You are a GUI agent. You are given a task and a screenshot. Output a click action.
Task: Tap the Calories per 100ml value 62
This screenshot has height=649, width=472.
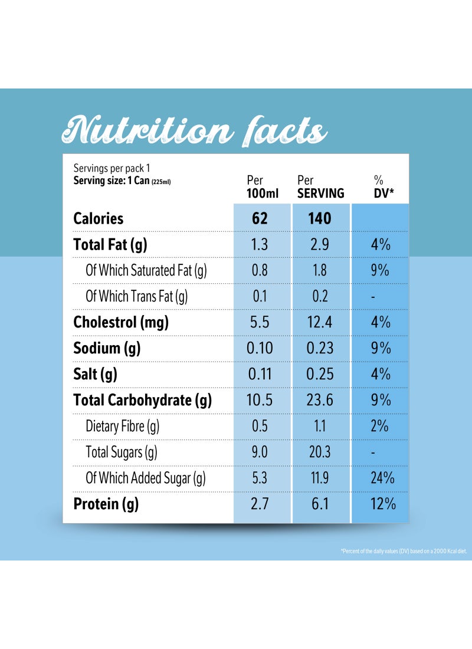260,218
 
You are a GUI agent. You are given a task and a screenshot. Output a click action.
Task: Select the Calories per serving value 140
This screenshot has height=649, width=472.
319,218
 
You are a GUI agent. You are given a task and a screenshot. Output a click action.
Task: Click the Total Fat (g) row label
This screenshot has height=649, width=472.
110,244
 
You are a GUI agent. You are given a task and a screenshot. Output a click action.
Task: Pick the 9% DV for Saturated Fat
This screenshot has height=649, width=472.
380,270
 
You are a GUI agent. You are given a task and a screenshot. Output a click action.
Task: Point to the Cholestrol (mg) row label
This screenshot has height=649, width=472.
121,322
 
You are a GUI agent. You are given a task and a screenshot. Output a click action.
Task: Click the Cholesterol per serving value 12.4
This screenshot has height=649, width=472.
320,322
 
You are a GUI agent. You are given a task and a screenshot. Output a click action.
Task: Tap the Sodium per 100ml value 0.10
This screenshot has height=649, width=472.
260,348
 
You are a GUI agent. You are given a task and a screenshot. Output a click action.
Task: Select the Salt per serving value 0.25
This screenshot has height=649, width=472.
320,374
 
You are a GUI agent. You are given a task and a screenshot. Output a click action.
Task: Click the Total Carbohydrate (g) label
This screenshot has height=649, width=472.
142,400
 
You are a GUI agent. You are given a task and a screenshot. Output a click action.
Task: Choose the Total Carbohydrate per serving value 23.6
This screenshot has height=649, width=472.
320,400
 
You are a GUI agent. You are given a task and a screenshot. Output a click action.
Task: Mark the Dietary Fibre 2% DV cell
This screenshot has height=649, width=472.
380,426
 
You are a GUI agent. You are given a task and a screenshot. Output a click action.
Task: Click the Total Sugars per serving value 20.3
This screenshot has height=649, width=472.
320,452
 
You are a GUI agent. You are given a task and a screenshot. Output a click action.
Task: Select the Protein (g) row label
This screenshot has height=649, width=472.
106,504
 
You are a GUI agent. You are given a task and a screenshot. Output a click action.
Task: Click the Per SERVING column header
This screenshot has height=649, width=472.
320,186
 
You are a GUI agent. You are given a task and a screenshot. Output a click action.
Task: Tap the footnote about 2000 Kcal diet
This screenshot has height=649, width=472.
404,551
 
